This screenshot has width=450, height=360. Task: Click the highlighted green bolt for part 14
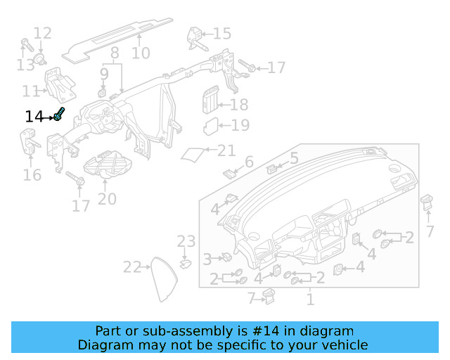60,115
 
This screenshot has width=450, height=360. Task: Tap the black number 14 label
34,117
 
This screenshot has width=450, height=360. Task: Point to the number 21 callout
226,150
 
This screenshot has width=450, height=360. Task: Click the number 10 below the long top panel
141,53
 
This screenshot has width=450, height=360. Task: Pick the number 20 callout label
107,200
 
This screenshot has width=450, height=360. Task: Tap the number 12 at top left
42,33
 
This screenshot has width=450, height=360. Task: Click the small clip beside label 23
186,264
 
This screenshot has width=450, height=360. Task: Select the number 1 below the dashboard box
309,300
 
